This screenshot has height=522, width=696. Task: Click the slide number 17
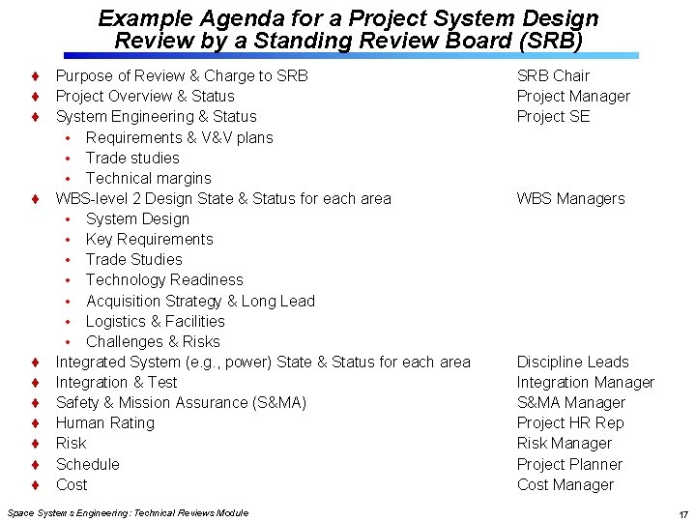click(682, 514)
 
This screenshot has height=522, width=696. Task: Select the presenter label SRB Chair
click(553, 75)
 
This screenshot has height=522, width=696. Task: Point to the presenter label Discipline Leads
click(572, 362)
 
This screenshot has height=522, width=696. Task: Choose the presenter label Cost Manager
click(565, 484)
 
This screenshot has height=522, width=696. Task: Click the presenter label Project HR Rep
click(570, 422)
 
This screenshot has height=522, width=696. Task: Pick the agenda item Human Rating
click(104, 422)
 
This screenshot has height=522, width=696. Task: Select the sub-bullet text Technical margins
click(148, 178)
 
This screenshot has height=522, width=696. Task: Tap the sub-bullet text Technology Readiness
click(164, 279)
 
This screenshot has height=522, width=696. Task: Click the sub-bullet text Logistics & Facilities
click(155, 321)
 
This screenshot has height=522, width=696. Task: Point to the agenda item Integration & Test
click(116, 382)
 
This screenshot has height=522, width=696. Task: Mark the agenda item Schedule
click(88, 464)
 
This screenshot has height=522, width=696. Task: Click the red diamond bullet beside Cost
click(34, 485)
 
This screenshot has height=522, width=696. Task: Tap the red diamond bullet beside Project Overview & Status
click(34, 97)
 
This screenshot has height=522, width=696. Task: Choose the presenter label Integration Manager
click(585, 382)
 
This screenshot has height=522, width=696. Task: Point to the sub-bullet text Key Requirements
click(149, 239)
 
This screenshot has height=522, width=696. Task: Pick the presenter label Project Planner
click(569, 464)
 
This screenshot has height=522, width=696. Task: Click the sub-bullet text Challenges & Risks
click(153, 341)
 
